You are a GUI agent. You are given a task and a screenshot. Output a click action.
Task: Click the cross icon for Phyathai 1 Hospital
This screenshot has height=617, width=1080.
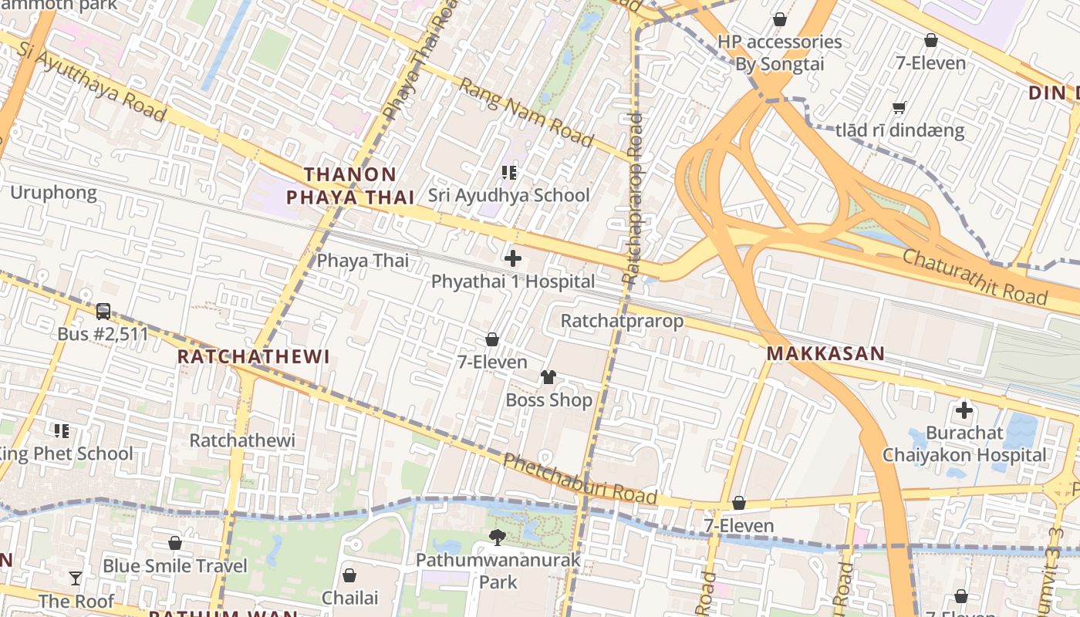[x=512, y=258]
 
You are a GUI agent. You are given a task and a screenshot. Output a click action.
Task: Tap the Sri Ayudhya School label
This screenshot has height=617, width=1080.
[x=508, y=195]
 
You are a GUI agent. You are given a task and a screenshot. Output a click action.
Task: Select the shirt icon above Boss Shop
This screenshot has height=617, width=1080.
[x=548, y=377]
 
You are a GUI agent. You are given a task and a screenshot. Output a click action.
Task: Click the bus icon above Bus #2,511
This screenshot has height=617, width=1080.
[x=103, y=312]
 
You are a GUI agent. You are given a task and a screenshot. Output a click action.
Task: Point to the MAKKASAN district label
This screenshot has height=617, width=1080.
[x=825, y=354]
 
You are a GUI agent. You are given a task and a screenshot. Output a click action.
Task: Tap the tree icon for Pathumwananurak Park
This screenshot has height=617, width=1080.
[x=498, y=537]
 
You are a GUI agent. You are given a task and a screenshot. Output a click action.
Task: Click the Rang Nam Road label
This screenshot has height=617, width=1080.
[x=526, y=112]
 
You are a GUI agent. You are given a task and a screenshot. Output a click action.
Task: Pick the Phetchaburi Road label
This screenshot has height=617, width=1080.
[x=580, y=479]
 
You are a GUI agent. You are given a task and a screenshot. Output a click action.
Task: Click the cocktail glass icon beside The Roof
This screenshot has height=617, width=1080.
[x=76, y=578]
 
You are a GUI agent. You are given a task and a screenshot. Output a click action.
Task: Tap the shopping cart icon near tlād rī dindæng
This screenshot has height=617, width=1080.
[x=899, y=107]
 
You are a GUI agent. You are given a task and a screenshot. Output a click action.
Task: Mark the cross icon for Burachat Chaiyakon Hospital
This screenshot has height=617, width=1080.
[x=964, y=410]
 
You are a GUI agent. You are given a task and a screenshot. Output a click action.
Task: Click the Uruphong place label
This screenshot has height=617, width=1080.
[x=53, y=192]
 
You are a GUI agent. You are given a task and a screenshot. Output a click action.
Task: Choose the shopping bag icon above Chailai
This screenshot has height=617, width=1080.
[x=349, y=575]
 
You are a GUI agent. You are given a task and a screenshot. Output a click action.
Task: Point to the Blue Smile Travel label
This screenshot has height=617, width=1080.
[x=175, y=565]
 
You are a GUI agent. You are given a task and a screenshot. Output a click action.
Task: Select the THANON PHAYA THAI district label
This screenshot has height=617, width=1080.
[x=350, y=186]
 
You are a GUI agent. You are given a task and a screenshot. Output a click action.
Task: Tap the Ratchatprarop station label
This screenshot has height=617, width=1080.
[x=622, y=320]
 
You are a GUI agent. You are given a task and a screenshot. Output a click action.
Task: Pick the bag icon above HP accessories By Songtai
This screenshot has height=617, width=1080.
[x=779, y=19]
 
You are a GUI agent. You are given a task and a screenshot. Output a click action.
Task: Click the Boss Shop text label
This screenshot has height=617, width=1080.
[x=548, y=400]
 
